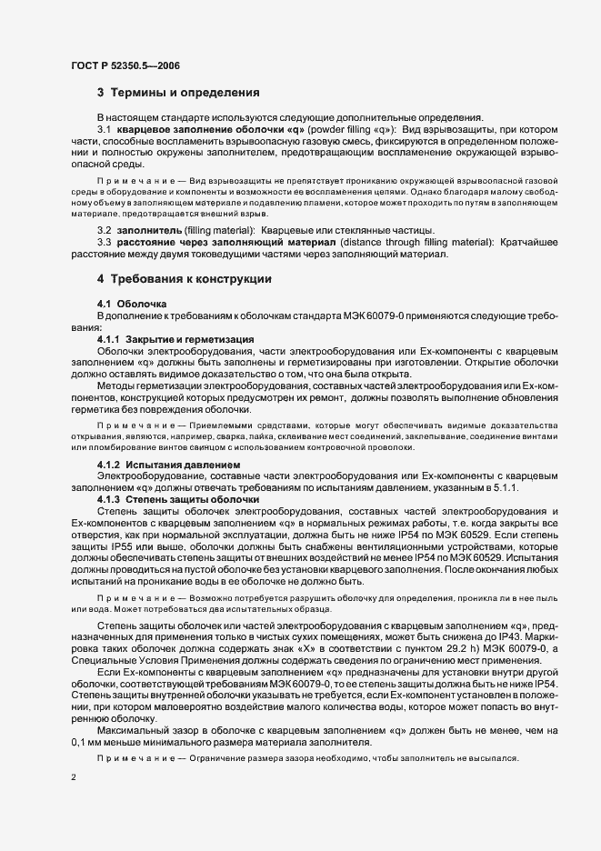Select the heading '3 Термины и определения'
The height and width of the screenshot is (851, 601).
pos(179,93)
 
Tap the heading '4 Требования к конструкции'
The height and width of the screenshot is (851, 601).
pos(185,278)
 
